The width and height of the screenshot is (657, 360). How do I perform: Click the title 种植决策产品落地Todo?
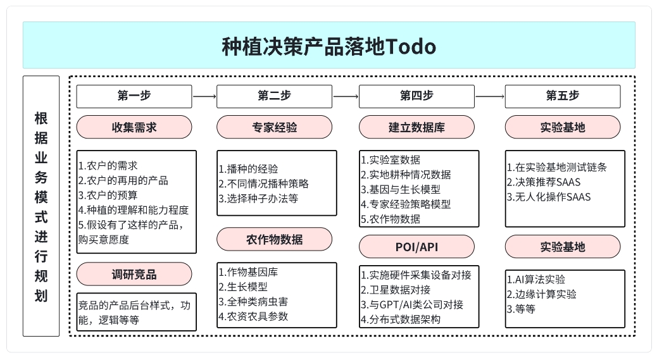click(x=329, y=46)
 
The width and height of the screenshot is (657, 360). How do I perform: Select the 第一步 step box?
click(x=134, y=96)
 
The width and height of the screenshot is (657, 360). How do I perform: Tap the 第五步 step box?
click(x=563, y=96)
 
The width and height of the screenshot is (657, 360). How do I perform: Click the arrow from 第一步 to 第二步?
click(x=204, y=96)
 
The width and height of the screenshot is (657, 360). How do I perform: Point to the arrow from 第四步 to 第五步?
click(x=490, y=96)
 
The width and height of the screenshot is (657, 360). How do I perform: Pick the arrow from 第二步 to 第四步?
click(x=346, y=96)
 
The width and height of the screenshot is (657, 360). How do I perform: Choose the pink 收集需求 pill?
click(x=134, y=127)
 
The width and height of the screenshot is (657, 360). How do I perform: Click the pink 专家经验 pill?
click(x=275, y=127)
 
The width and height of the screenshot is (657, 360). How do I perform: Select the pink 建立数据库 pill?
click(x=417, y=127)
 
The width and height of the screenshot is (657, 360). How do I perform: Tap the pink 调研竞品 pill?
click(x=134, y=274)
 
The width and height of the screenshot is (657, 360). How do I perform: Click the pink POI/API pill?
click(x=417, y=247)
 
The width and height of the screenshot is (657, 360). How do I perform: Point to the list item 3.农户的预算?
click(x=108, y=195)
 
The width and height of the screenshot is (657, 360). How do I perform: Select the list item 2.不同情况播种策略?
click(x=263, y=183)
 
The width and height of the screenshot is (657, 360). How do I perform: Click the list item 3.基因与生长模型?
click(x=401, y=189)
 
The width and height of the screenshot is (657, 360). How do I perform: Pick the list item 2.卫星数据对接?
click(x=396, y=290)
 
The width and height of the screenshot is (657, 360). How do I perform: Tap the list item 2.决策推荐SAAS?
click(x=544, y=182)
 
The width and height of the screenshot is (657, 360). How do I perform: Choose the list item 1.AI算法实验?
click(x=536, y=279)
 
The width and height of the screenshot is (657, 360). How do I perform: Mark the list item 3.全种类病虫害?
click(x=253, y=301)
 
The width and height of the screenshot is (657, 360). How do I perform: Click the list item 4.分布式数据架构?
click(x=401, y=320)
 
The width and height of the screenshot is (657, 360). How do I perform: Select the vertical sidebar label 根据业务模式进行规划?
click(x=41, y=206)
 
